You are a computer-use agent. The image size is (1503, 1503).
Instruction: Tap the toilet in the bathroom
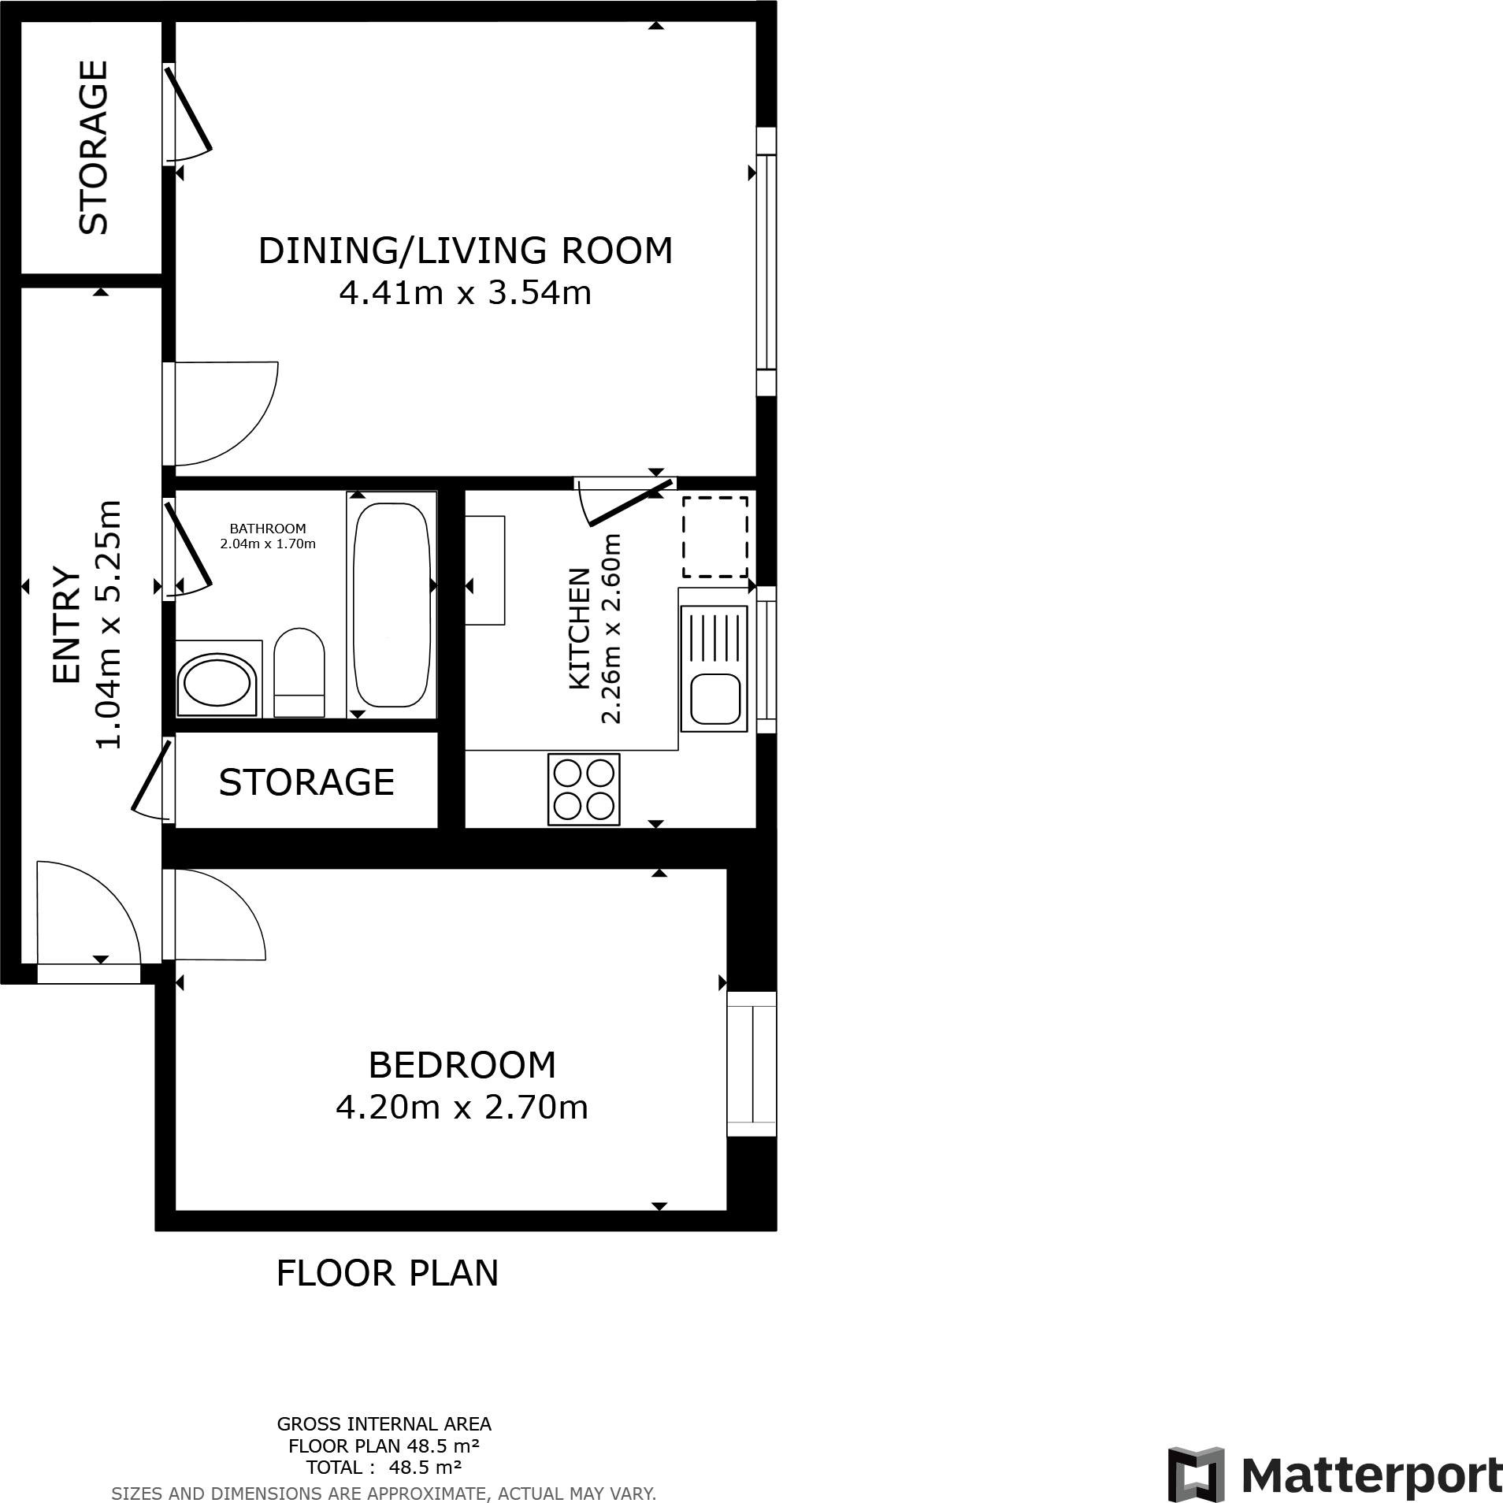point(299,672)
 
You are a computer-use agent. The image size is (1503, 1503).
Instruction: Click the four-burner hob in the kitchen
point(584,789)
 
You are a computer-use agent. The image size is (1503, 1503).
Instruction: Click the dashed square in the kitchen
point(714,537)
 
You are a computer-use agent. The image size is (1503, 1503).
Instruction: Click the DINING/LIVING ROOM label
point(466,250)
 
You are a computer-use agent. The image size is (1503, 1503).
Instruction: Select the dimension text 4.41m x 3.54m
point(466,293)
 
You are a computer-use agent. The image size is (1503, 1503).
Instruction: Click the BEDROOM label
point(462,1065)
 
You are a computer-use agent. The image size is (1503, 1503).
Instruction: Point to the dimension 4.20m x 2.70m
point(462,1108)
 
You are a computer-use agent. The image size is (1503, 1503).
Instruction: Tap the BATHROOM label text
point(268,529)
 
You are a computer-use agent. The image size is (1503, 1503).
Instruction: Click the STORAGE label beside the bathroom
point(306,782)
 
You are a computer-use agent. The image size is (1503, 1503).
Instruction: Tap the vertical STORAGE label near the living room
point(94,147)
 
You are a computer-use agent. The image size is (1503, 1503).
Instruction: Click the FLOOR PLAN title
point(388,1274)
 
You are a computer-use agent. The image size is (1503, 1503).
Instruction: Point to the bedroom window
point(751,1063)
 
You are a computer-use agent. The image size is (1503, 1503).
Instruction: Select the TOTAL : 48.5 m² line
point(384,1467)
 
